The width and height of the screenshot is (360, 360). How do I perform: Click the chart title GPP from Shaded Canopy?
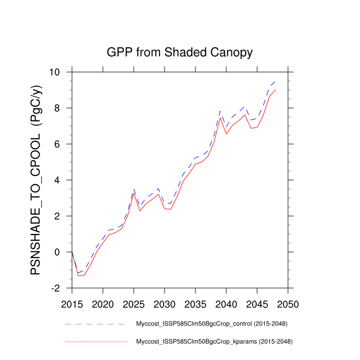[x=179, y=52]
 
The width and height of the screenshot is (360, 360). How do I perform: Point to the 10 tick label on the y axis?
[x=61, y=73]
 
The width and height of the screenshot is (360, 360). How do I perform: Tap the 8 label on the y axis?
[x=63, y=109]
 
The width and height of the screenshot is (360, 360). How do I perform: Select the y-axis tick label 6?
[x=63, y=145]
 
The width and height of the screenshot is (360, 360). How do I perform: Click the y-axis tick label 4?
[x=63, y=181]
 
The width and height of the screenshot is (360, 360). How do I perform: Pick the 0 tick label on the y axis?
[x=63, y=253]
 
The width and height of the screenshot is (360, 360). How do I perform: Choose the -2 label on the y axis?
[x=61, y=289]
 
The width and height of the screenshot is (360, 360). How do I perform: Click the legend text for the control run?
[x=211, y=324]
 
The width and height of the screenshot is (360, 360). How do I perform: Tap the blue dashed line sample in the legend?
[x=95, y=325]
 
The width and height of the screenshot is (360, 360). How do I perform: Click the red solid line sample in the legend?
[x=95, y=341]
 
